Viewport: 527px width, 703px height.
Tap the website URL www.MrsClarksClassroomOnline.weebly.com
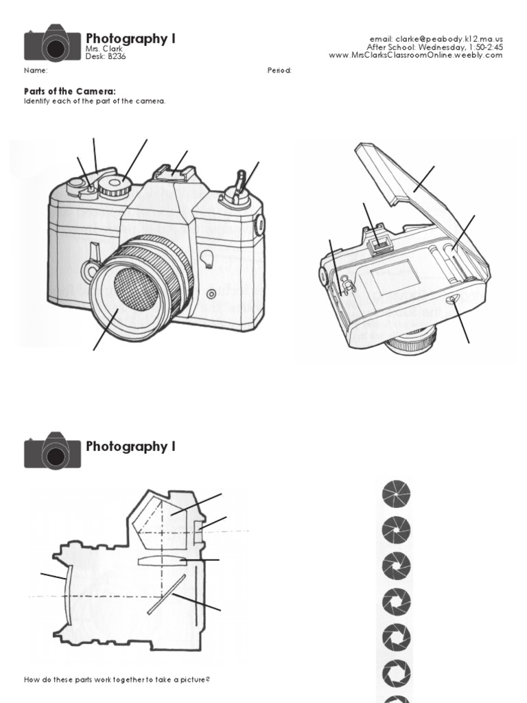point(416,55)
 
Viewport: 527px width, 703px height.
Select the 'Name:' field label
point(36,71)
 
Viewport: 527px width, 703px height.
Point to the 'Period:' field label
point(279,71)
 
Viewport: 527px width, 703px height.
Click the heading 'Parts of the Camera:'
point(70,91)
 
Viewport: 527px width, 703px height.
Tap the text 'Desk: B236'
point(106,56)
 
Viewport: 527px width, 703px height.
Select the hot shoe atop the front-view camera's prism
point(170,171)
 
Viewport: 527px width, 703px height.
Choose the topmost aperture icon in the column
point(396,494)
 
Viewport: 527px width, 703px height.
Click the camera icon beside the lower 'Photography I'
point(52,451)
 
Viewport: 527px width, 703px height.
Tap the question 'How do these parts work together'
point(117,680)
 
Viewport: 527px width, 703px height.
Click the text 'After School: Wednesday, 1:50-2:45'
point(435,47)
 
